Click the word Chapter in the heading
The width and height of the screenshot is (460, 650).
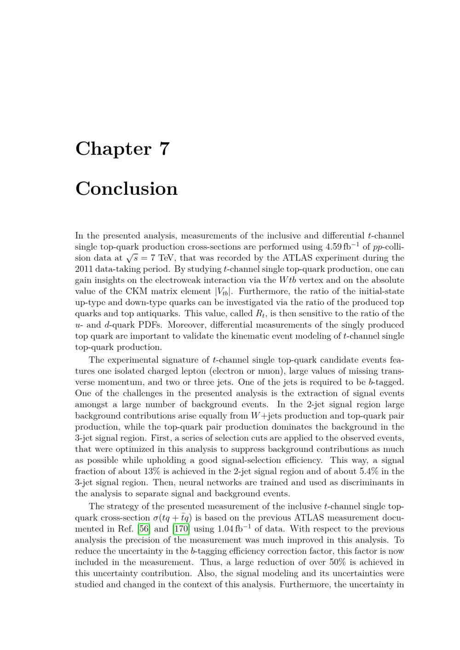113,149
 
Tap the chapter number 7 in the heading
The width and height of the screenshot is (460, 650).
164,149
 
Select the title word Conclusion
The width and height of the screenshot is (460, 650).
126,189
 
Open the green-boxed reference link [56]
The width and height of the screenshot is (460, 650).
144,529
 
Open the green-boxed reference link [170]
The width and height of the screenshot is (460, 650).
181,529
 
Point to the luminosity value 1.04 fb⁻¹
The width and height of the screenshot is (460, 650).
227,529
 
